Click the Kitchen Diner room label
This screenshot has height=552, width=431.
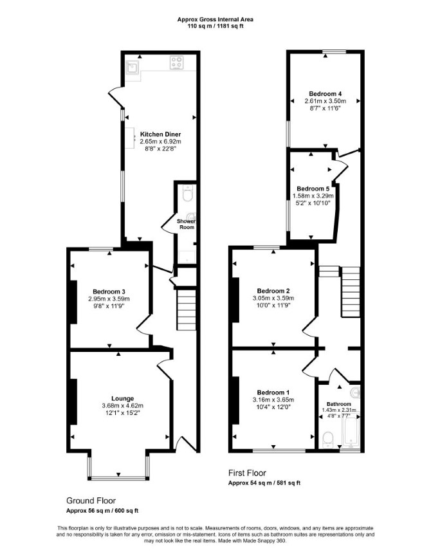(x=160, y=134)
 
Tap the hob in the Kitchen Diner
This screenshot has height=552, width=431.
(x=177, y=62)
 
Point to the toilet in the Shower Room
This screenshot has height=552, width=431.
(x=187, y=193)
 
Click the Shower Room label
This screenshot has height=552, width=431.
(x=187, y=225)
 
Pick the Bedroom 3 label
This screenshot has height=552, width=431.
(x=109, y=291)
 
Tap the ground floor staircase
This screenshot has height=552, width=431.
(x=187, y=309)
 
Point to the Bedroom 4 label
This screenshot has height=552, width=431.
(x=325, y=94)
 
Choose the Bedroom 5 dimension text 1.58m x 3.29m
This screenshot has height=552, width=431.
(x=313, y=196)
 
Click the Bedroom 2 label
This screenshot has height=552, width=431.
(x=273, y=291)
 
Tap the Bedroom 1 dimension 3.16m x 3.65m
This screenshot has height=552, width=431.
(x=273, y=400)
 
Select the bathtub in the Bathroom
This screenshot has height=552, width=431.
(x=351, y=431)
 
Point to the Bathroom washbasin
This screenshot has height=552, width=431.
(x=355, y=392)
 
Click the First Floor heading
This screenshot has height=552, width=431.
(x=247, y=473)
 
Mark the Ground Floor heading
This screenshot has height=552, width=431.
(x=91, y=501)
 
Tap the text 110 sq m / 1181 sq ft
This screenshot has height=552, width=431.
(x=215, y=26)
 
